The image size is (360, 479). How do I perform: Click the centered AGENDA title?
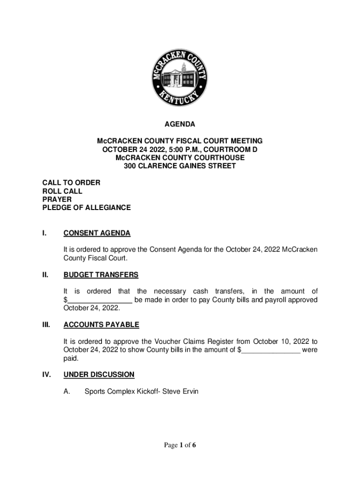pyautogui.click(x=180, y=124)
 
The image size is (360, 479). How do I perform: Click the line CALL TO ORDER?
pyautogui.click(x=71, y=182)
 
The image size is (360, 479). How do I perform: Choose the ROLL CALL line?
pyautogui.click(x=62, y=191)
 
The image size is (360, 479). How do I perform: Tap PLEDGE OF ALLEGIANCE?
pyautogui.click(x=86, y=208)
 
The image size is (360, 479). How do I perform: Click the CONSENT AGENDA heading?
pyautogui.click(x=97, y=233)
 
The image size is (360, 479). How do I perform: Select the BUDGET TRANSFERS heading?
pyautogui.click(x=101, y=275)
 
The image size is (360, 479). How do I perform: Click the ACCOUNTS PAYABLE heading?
pyautogui.click(x=101, y=325)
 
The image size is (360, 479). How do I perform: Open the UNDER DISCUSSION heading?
pyautogui.click(x=99, y=374)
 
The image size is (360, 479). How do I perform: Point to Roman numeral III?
pyautogui.click(x=46, y=325)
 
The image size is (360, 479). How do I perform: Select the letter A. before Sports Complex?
pyautogui.click(x=67, y=391)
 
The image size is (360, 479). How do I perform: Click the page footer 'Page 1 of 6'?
pyautogui.click(x=180, y=445)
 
